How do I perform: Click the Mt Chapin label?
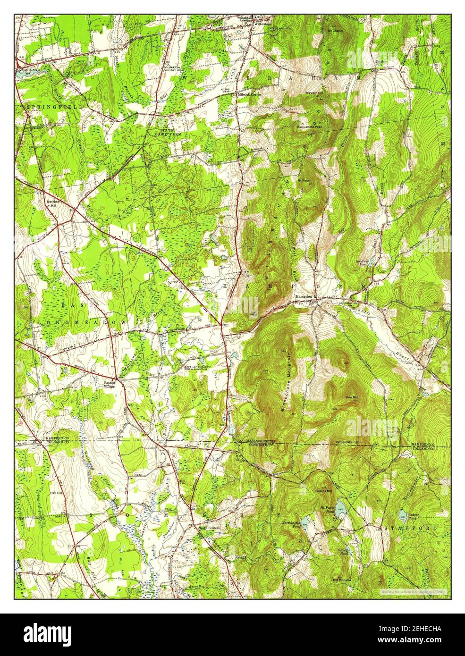tap(335, 30)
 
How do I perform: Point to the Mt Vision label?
tap(303, 179)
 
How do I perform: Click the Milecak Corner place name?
tap(249, 94)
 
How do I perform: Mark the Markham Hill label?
tap(53, 204)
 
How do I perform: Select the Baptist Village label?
tap(110, 384)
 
